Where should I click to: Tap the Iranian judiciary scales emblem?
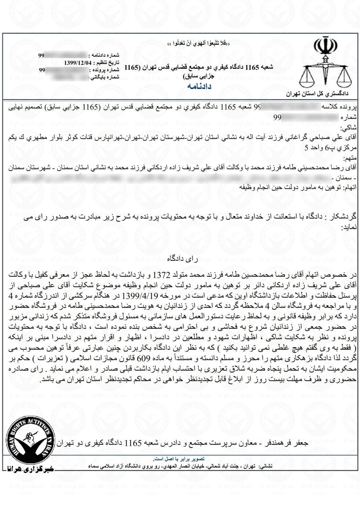pos(325,64)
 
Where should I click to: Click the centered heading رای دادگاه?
pos(183,259)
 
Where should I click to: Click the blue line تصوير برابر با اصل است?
pos(179,459)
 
